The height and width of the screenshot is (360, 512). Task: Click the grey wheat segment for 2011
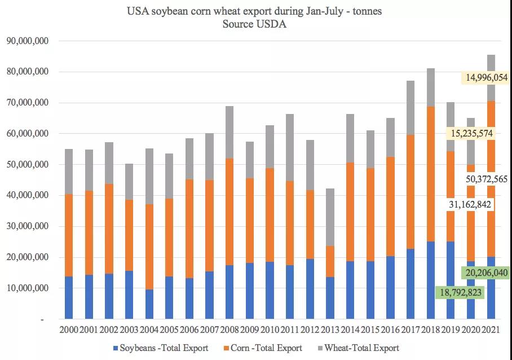pyautogui.click(x=290, y=147)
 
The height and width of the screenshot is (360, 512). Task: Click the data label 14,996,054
pyautogui.click(x=483, y=77)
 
